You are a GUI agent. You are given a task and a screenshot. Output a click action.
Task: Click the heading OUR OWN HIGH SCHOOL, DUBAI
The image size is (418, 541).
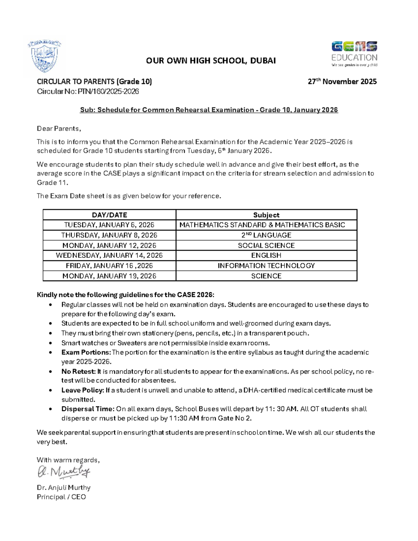[211, 61]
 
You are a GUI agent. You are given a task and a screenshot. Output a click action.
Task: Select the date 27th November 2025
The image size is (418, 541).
[342, 82]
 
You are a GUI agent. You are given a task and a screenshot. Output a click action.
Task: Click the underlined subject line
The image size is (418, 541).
[209, 110]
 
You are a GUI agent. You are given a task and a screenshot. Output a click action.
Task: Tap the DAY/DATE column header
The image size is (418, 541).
[109, 215]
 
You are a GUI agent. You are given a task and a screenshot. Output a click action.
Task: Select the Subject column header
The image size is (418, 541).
[266, 215]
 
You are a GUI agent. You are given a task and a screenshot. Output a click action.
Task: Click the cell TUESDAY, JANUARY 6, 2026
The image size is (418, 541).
[109, 225]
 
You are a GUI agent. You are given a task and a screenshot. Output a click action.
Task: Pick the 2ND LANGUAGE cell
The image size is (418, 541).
[266, 235]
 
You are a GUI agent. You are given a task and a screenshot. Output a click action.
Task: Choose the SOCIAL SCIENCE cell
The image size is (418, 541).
[266, 245]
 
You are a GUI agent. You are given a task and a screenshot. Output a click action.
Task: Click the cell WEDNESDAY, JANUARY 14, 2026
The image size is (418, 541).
[109, 255]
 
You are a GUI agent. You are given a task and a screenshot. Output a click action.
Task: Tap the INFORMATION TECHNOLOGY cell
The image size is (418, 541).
[266, 266]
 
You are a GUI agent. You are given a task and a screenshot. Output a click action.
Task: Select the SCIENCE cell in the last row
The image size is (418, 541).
[266, 276]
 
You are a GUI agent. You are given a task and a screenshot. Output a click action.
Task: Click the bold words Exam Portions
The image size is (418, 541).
[86, 352]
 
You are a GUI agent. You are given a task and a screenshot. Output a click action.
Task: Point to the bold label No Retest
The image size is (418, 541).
[78, 371]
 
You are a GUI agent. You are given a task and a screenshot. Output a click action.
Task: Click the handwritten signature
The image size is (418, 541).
[64, 472]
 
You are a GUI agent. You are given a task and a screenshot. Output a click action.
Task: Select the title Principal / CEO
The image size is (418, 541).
[61, 497]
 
